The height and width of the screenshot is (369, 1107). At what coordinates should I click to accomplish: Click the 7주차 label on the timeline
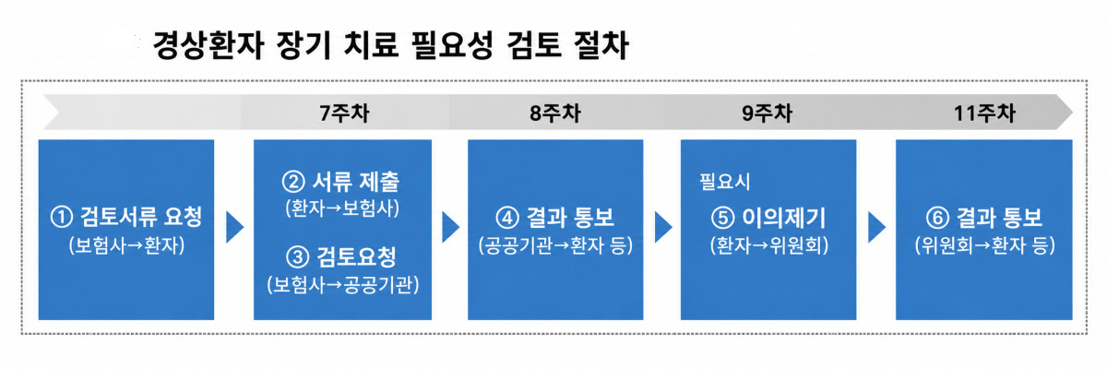point(344,113)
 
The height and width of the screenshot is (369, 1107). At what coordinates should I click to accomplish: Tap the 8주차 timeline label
point(555,113)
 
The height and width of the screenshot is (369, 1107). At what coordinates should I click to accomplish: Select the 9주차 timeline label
point(767,113)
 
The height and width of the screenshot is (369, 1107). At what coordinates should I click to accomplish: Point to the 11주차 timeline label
point(984,113)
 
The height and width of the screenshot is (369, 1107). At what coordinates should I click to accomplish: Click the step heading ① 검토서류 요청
point(126,218)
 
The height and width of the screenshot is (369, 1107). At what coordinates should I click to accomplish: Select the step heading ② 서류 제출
point(341,182)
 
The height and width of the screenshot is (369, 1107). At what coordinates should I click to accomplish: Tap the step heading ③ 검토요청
point(341,256)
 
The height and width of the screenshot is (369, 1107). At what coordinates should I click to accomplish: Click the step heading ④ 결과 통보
point(555,218)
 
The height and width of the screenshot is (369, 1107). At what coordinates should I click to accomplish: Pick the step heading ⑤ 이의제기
point(768,218)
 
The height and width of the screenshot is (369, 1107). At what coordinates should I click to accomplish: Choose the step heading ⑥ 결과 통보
point(984,218)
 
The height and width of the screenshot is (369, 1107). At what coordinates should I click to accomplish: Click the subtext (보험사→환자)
point(126,245)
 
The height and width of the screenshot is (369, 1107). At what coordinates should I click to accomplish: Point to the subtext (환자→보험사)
point(342,208)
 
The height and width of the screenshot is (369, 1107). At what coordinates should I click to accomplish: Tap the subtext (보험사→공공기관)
point(343,284)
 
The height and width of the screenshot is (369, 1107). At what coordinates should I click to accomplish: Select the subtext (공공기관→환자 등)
point(555,245)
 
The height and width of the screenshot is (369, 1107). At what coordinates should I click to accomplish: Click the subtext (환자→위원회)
point(769,245)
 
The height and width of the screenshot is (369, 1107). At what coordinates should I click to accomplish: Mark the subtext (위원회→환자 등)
point(985,245)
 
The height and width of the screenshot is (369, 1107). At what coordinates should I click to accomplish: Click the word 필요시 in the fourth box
point(724,182)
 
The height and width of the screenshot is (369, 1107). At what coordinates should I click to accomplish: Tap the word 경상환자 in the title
point(208,45)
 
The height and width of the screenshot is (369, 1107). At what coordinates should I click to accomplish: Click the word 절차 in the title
point(601,45)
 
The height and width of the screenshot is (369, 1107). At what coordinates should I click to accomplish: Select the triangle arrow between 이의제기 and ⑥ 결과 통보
point(875,227)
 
